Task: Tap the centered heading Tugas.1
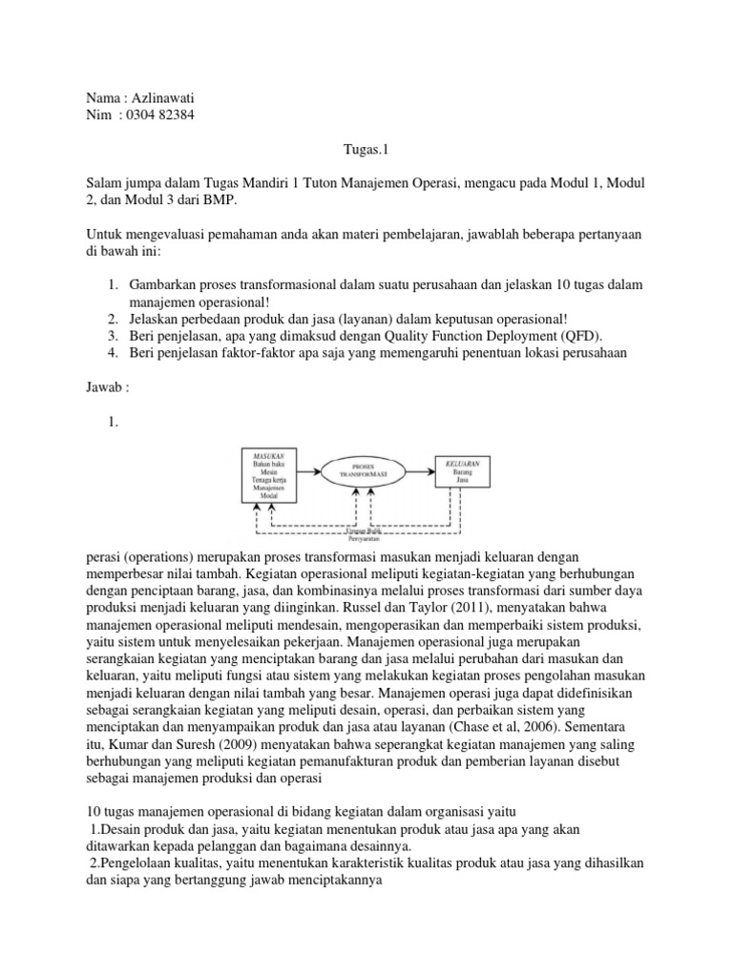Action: pyautogui.click(x=366, y=149)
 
